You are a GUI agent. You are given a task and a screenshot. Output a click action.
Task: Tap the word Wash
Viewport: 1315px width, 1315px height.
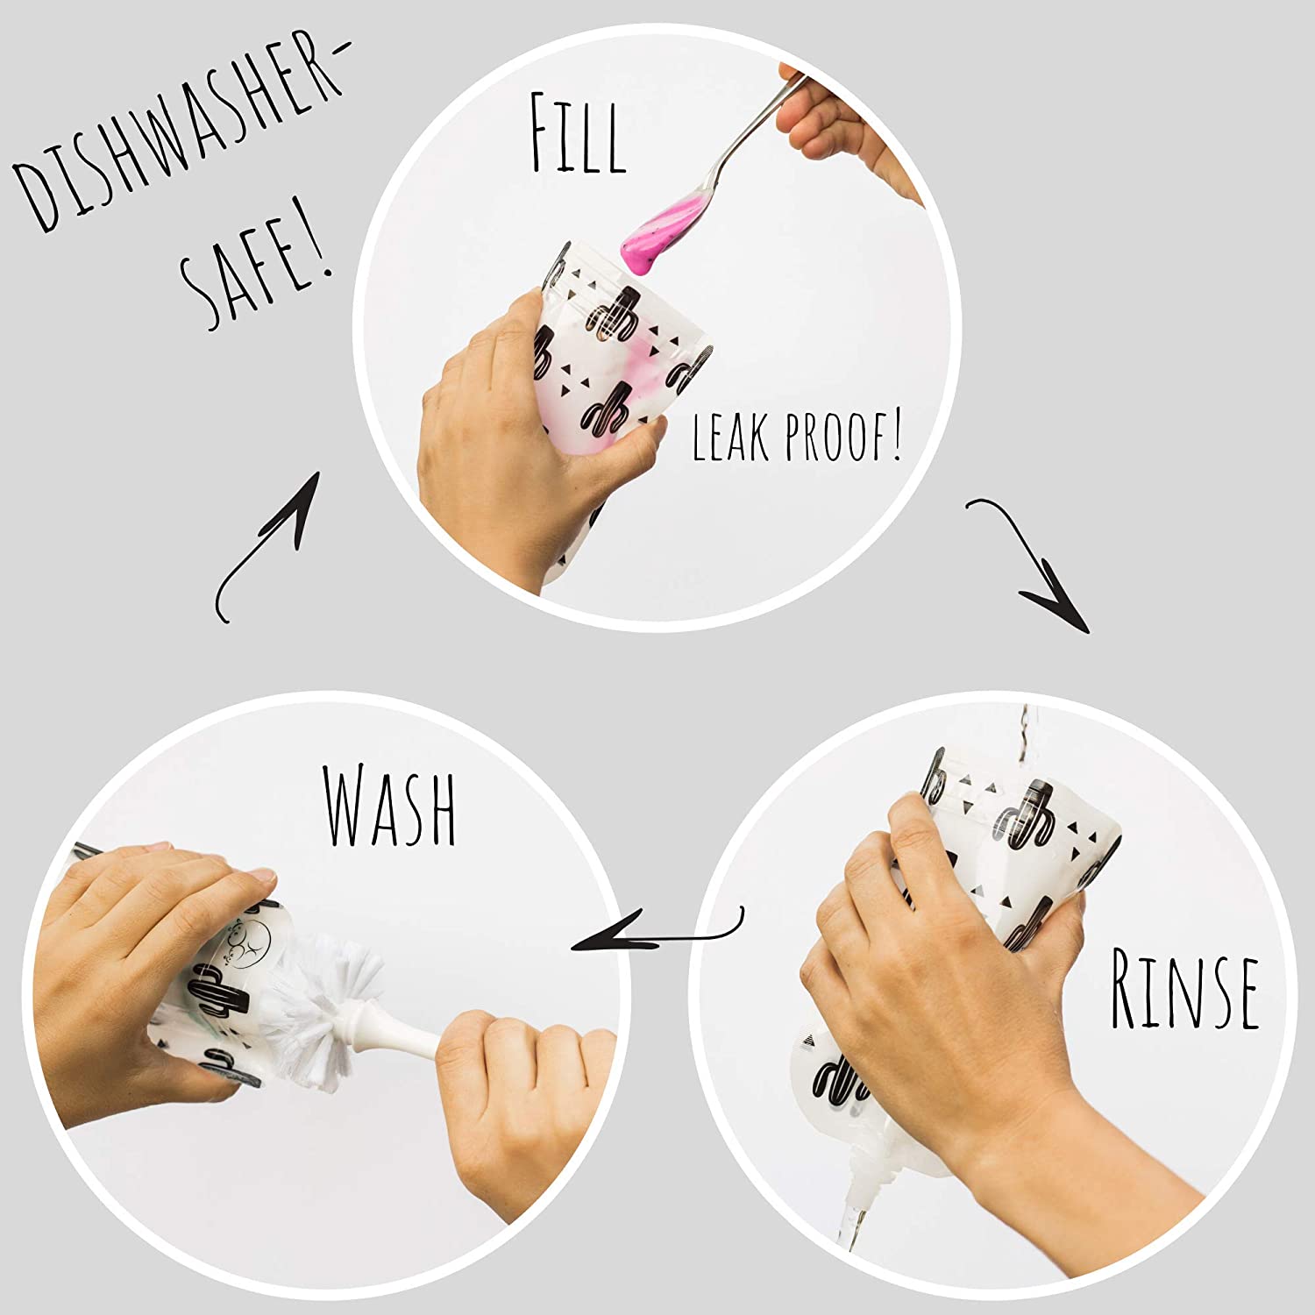tap(391, 804)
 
